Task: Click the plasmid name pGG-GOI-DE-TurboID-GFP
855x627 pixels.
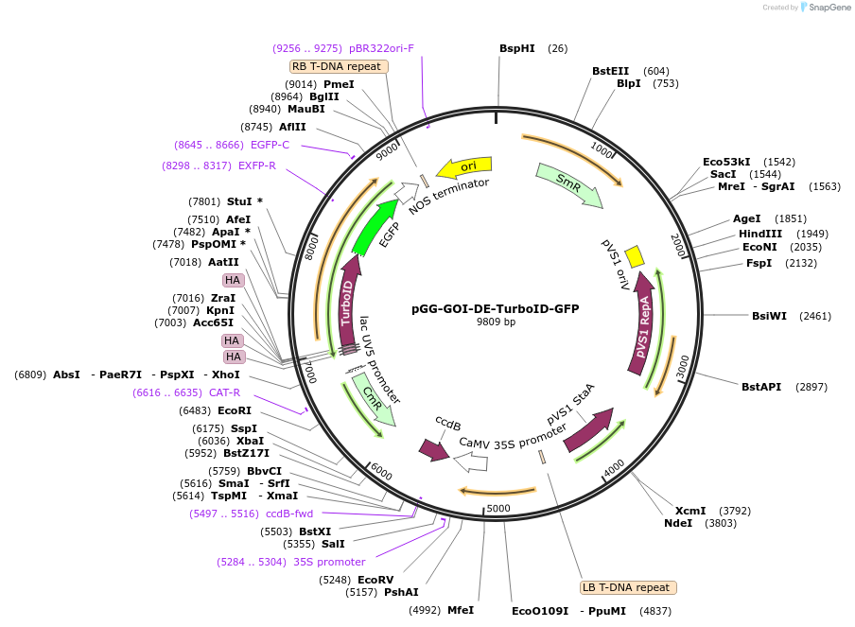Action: coord(495,308)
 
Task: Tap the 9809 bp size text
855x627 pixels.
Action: coord(495,322)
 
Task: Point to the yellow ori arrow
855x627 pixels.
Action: coord(464,167)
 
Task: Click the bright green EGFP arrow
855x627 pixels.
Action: coord(375,228)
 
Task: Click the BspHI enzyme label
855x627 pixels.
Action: coord(517,48)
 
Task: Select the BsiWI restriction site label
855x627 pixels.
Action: coord(769,316)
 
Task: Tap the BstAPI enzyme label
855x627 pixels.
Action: coord(761,387)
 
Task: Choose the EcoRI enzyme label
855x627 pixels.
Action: coord(235,410)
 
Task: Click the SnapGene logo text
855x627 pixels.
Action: coord(830,8)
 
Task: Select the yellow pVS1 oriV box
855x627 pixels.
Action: coord(636,255)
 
